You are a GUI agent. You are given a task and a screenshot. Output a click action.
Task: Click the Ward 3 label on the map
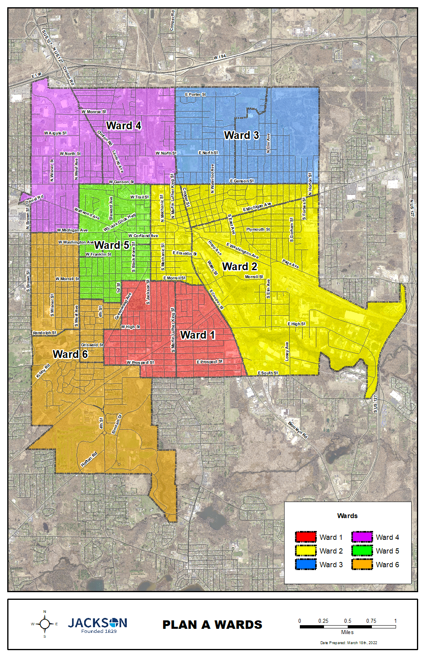click(241, 135)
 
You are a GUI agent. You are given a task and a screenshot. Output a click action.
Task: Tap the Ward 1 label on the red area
click(198, 335)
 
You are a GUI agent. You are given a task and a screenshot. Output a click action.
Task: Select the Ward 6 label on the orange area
click(70, 354)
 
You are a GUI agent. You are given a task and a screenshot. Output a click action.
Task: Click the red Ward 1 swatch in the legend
click(306, 537)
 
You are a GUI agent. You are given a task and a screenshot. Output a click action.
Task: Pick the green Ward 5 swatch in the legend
click(362, 551)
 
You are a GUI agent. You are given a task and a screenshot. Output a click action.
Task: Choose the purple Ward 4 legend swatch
click(362, 537)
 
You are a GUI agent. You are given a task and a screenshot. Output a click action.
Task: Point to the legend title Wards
click(347, 516)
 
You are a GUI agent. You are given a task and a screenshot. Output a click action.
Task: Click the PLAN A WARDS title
click(212, 625)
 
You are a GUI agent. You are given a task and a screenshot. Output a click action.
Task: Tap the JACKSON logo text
click(97, 623)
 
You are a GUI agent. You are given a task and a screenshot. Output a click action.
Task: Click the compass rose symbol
click(45, 624)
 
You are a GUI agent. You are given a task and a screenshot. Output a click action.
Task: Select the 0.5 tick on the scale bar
click(348, 621)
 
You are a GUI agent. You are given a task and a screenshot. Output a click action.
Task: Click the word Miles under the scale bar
click(347, 632)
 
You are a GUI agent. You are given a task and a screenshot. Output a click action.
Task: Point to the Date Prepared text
click(349, 643)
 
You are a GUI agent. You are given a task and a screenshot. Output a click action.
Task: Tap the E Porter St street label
click(195, 95)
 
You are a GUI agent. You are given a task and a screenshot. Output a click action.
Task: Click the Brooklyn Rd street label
click(298, 430)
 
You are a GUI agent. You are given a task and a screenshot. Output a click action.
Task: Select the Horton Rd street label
click(89, 460)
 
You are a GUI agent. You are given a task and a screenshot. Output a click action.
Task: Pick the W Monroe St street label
click(94, 112)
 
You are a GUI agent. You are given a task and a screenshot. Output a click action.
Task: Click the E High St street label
click(296, 324)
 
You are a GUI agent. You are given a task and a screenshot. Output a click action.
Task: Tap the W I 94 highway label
click(220, 58)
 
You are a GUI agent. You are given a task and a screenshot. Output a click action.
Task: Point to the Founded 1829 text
click(99, 631)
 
